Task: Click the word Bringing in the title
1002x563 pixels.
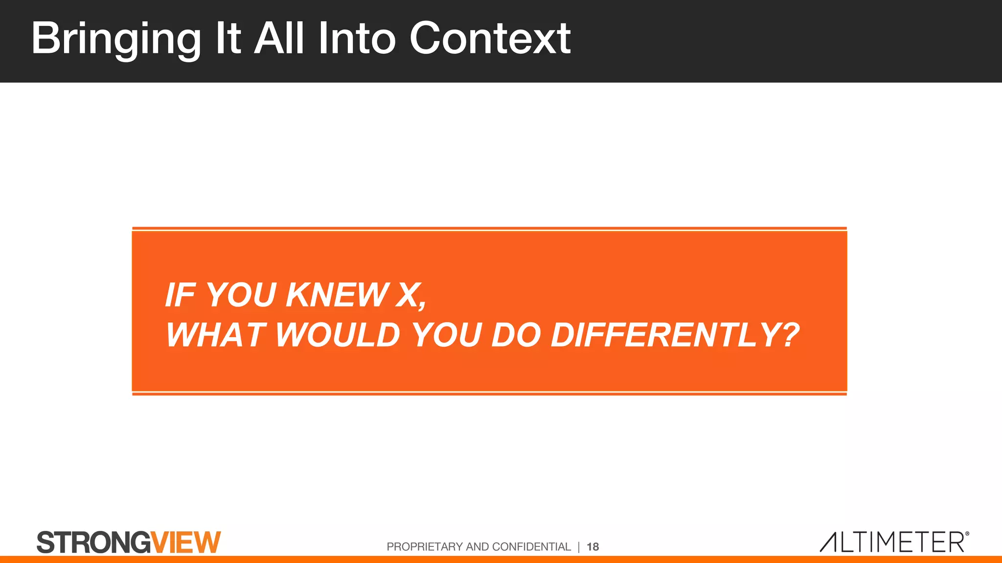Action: [x=116, y=39]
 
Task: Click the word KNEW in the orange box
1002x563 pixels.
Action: [x=337, y=295]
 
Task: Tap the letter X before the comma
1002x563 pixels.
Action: [x=408, y=295]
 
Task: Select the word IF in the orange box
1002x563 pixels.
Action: [x=180, y=295]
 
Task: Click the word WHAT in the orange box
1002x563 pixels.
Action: [x=216, y=335]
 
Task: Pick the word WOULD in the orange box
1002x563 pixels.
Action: [x=338, y=335]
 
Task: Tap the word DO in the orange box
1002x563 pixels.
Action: [x=516, y=335]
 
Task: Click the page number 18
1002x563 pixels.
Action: [x=592, y=547]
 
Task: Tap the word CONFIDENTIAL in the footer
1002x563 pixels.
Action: [x=531, y=547]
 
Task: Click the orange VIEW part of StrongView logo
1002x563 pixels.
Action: [x=186, y=542]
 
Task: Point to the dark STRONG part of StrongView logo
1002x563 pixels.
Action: [x=93, y=542]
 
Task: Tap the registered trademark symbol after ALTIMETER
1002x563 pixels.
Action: [x=967, y=534]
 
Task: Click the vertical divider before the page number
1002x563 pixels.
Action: [x=579, y=547]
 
